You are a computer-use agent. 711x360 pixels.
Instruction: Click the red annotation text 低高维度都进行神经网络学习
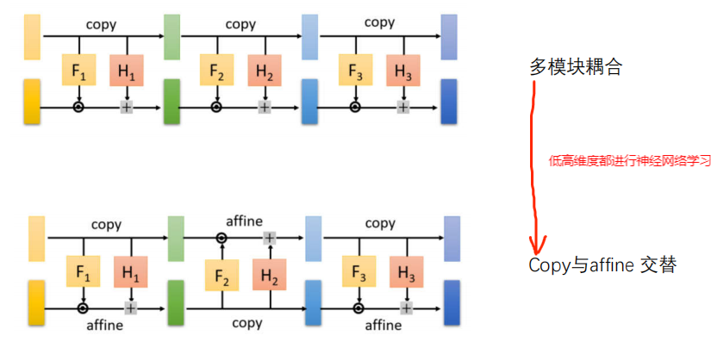pos(629,160)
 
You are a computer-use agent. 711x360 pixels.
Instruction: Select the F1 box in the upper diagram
pos(79,70)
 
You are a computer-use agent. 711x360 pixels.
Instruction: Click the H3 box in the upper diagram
pos(403,70)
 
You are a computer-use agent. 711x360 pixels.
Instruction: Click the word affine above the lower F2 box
pos(244,221)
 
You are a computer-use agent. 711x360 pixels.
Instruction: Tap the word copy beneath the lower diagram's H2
pos(247,323)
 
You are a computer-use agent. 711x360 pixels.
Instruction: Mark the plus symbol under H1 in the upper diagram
pos(128,107)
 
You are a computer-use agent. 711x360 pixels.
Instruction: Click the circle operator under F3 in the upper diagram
pos(354,107)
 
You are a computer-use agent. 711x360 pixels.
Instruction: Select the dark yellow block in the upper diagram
pos(32,101)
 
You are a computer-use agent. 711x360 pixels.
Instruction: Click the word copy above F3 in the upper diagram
pos(379,22)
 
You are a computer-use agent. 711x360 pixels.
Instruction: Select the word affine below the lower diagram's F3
pos(384,325)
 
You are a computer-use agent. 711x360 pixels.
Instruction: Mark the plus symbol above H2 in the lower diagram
pos(270,238)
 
